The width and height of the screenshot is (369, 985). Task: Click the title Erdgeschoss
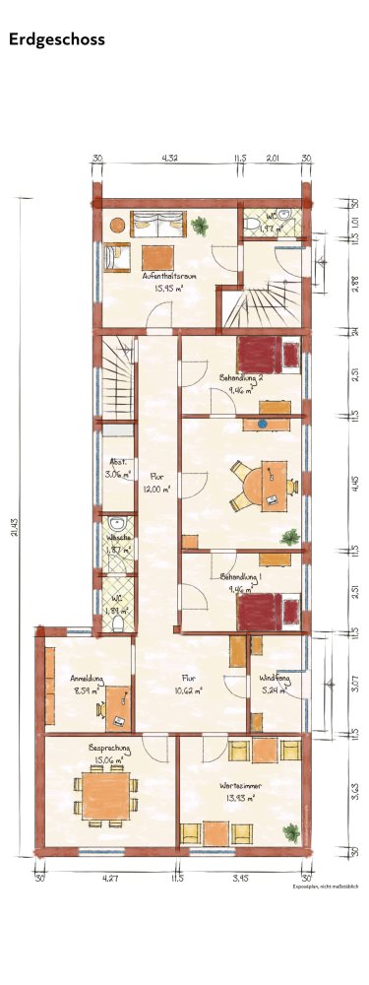56,39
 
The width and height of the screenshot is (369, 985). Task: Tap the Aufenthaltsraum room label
168,277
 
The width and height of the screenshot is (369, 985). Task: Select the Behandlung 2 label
240,377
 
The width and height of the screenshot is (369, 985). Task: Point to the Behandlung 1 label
240,576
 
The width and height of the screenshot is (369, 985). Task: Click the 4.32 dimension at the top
169,157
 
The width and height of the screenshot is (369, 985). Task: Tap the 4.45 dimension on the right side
353,482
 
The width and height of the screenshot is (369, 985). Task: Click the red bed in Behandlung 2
260,353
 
